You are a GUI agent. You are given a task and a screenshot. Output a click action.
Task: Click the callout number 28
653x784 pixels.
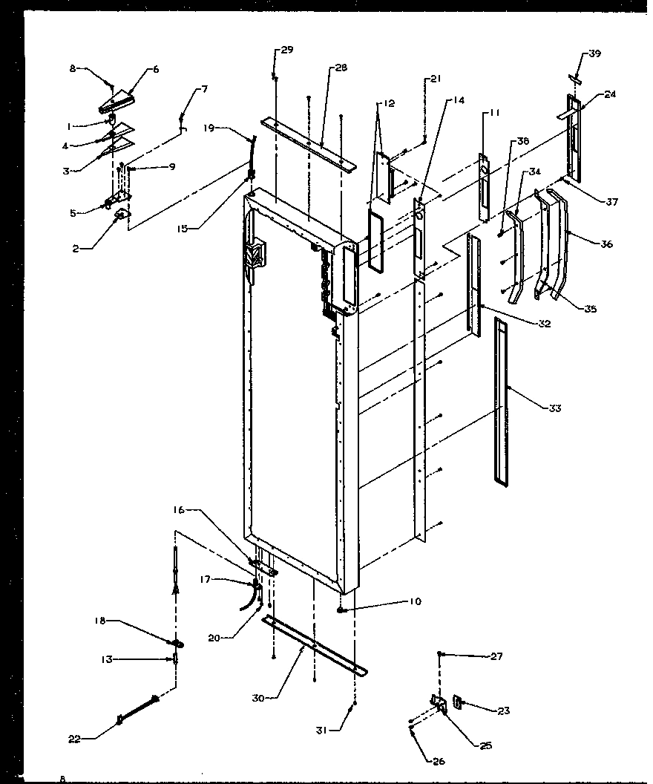pos(341,68)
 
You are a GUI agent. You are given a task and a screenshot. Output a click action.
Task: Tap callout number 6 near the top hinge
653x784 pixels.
pos(155,69)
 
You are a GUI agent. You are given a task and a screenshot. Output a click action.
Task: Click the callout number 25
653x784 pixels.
pos(486,745)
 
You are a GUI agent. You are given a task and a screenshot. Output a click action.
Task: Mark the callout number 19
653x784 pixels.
pos(208,127)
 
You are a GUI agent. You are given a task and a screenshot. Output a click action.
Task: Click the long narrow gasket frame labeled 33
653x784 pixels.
pos(502,401)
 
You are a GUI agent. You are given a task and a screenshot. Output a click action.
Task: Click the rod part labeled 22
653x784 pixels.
pos(137,708)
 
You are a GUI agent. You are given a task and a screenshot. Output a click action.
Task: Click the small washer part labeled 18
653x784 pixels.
pos(179,643)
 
